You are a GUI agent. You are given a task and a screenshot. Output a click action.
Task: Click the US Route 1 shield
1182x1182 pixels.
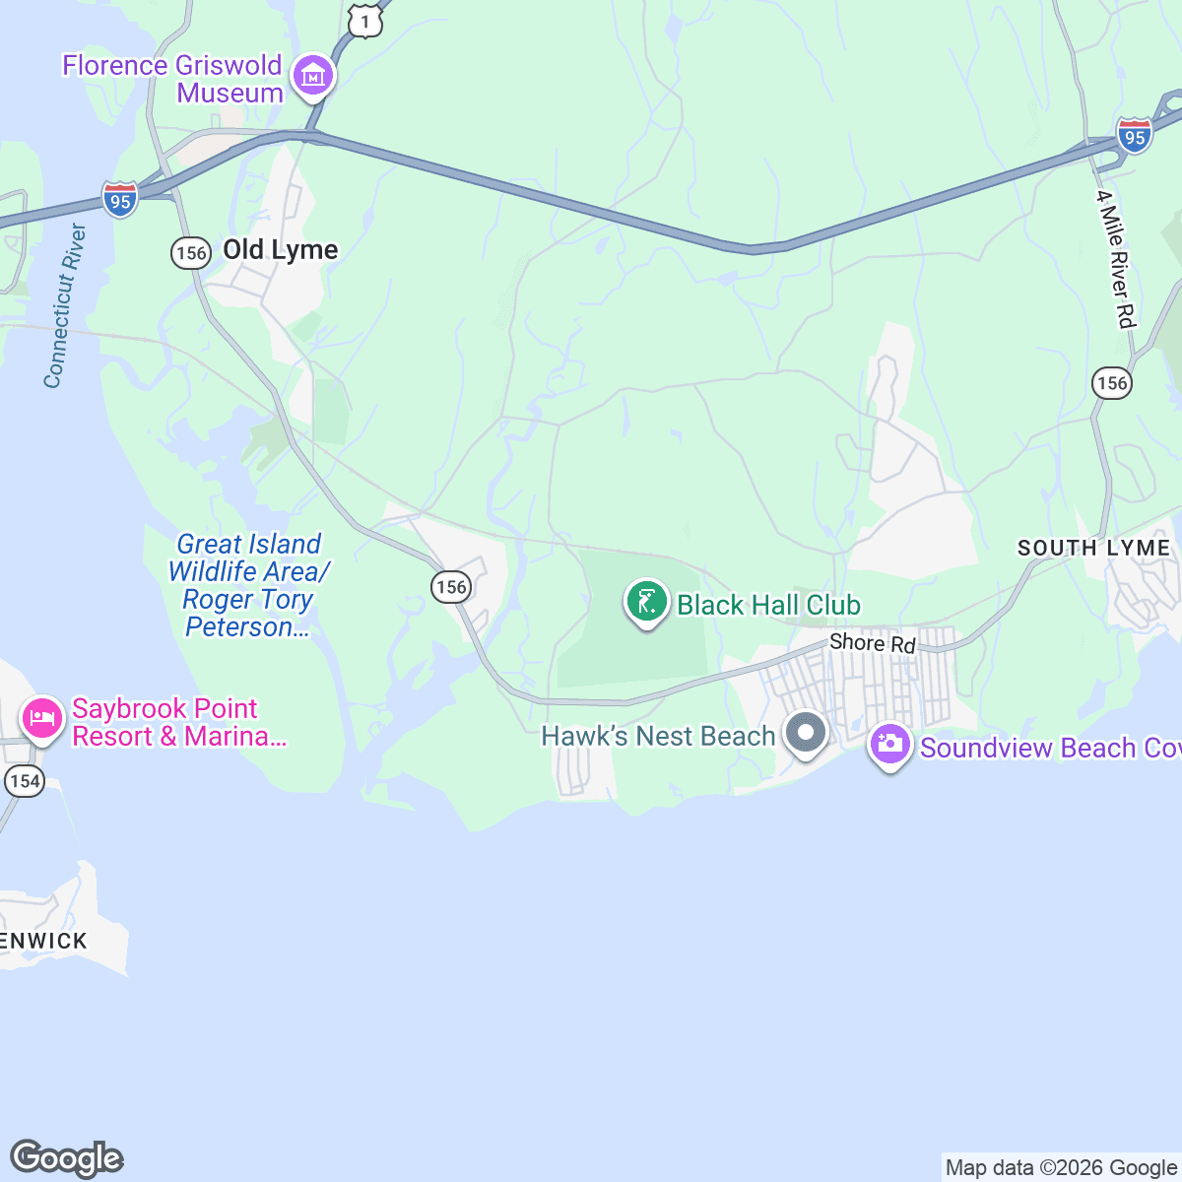coord(364,21)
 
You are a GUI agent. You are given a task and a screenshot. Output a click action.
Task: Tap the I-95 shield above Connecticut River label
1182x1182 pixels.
coord(120,200)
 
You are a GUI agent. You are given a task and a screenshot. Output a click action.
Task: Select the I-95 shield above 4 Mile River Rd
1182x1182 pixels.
coord(1135,135)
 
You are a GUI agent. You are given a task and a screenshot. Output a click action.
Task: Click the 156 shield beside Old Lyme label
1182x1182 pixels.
coord(190,253)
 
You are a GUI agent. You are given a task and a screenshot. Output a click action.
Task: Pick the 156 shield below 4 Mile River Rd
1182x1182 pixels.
coord(1112,382)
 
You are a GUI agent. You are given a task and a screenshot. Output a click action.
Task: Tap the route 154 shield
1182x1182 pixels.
coord(24,781)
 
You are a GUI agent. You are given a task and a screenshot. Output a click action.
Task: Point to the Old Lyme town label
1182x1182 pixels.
coord(281,250)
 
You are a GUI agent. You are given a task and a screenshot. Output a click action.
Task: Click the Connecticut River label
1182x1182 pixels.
coord(65,306)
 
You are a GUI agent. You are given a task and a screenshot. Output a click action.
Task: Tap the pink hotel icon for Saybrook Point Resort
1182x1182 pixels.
coord(41,719)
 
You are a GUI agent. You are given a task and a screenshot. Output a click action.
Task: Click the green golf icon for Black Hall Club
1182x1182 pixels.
coord(646,602)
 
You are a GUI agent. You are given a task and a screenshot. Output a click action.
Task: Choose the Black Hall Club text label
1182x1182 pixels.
coord(768,605)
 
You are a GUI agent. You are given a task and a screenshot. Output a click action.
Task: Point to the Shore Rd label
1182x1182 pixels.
coord(872,643)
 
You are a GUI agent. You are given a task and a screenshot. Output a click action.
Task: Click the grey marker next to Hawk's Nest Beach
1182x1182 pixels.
coord(807,733)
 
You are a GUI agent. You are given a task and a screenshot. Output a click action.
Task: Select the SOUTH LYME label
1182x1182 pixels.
coord(1093,548)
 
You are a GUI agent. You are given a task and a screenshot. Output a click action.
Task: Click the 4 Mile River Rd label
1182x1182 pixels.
coord(1117,259)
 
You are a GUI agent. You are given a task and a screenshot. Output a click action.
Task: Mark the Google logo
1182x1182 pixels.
coord(67,1158)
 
